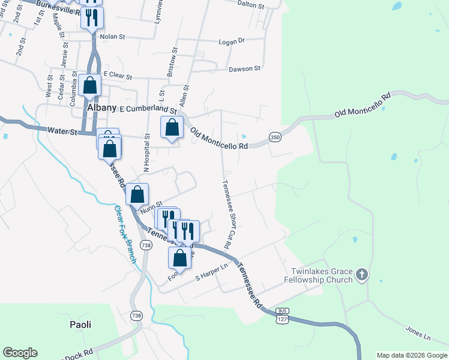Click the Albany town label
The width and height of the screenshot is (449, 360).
point(101,107)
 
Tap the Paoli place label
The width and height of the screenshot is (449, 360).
point(79,325)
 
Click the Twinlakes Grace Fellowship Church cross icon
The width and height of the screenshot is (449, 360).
point(361,275)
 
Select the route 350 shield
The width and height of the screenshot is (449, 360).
point(275,137)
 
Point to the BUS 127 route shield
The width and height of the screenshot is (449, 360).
point(282,316)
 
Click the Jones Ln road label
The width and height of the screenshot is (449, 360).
point(418,331)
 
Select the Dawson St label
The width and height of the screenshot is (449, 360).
point(244,69)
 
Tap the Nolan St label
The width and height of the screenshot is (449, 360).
point(112,37)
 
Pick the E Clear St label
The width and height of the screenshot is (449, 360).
point(117,74)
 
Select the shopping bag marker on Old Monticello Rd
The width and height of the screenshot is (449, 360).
point(172,128)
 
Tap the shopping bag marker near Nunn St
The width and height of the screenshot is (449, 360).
point(137,194)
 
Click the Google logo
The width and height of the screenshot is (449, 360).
point(20,353)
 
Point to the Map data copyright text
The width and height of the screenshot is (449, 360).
point(411,355)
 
